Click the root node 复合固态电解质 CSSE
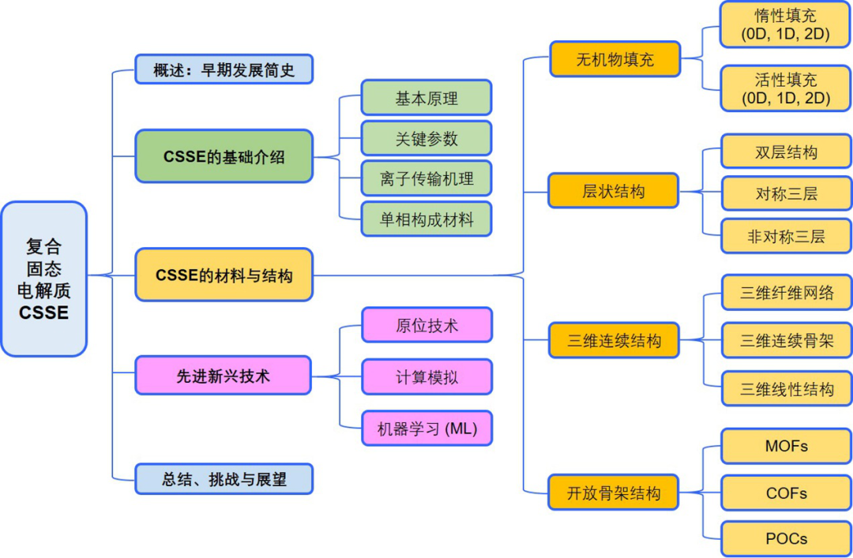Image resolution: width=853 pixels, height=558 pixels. (x=43, y=279)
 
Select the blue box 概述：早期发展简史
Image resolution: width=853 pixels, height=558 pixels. (x=224, y=69)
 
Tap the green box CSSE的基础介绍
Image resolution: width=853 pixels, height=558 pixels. (x=224, y=156)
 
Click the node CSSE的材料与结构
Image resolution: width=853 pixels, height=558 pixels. (x=224, y=275)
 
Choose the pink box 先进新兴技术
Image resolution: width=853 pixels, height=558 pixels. (x=224, y=376)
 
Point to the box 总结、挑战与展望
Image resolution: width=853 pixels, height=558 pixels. (x=224, y=479)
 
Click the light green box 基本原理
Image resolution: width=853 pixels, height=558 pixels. (x=426, y=98)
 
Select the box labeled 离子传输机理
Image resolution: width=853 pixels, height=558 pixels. (x=426, y=178)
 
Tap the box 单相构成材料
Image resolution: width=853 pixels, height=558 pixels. (x=426, y=219)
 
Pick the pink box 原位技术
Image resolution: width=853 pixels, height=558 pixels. (x=426, y=325)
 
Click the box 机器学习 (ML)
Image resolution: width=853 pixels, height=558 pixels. (x=426, y=429)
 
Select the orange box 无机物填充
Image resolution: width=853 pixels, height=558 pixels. (x=614, y=59)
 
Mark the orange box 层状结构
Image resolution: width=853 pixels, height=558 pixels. (x=614, y=191)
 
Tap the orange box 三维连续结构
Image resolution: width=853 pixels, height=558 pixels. (x=614, y=342)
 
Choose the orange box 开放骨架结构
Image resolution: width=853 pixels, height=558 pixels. (x=614, y=493)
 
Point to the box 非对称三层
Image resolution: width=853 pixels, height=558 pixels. (x=786, y=236)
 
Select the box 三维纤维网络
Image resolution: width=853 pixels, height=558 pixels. (x=786, y=293)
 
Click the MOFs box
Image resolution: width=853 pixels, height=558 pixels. (x=786, y=446)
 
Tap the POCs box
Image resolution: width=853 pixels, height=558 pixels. (x=786, y=538)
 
